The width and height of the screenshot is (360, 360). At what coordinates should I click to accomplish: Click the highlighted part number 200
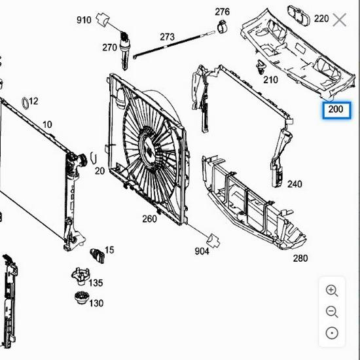click(x=335, y=109)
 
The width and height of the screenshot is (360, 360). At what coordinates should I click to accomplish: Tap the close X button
click(x=340, y=20)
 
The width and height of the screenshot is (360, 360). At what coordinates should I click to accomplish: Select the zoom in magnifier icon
click(x=332, y=291)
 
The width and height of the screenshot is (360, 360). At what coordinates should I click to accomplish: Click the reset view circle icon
click(x=332, y=333)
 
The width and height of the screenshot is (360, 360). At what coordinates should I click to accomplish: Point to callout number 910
click(x=84, y=20)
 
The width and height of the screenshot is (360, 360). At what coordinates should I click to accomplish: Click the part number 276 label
click(x=223, y=12)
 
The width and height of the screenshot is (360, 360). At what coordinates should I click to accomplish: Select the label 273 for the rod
click(x=168, y=37)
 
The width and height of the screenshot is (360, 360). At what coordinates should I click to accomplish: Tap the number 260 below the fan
click(x=149, y=219)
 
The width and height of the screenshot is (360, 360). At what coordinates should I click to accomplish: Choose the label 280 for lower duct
click(x=300, y=258)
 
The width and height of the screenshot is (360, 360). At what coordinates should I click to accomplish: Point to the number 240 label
click(x=295, y=184)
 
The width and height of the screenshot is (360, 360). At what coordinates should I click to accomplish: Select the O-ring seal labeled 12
click(x=25, y=101)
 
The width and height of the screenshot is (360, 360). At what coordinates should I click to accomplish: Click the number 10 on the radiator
click(x=47, y=124)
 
